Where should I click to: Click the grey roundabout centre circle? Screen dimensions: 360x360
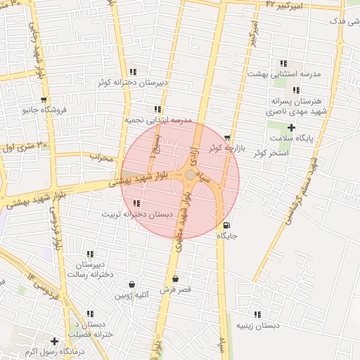click(x=190, y=174)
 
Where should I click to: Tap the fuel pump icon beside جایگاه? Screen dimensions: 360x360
click(x=226, y=226)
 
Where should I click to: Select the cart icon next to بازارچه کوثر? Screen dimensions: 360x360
click(x=226, y=139)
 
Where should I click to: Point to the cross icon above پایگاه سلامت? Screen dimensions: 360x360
click(x=291, y=127)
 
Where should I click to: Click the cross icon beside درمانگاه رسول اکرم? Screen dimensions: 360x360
click(x=53, y=341)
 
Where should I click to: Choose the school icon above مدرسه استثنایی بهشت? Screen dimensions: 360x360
click(x=283, y=63)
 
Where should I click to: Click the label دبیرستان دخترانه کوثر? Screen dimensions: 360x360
click(x=133, y=82)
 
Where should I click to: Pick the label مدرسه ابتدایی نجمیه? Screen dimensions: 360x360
click(x=158, y=120)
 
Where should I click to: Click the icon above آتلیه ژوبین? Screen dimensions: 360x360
click(x=132, y=285)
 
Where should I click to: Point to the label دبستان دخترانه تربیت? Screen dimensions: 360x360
click(x=136, y=213)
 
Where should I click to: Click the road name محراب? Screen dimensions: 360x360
click(x=101, y=158)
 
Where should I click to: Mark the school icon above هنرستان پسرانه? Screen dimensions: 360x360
click(x=296, y=91)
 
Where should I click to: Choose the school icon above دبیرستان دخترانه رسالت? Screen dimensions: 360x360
click(x=90, y=254)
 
